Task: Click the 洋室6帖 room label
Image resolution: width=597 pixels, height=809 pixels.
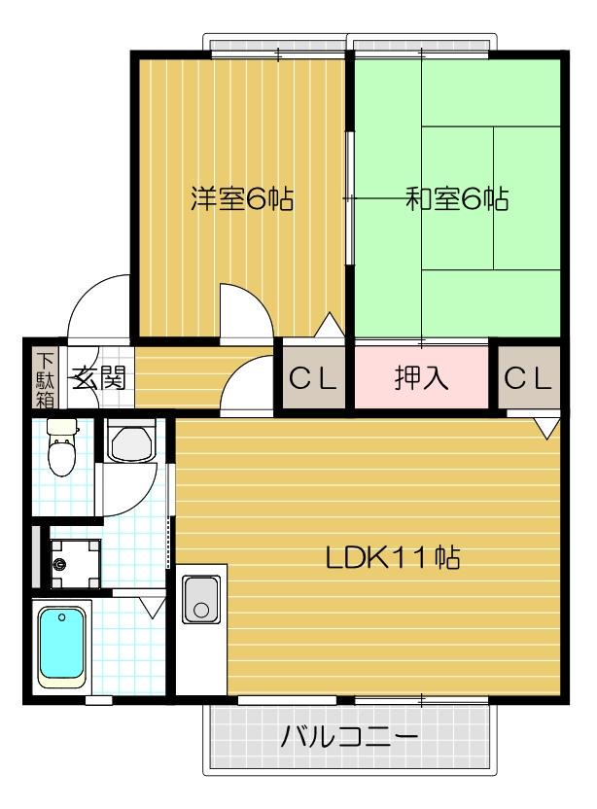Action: coord(241,199)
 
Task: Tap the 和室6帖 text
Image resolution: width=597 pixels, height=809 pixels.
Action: coord(456,199)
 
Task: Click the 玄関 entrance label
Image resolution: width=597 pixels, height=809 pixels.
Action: coord(97,378)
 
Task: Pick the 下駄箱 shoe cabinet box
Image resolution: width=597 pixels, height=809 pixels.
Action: coord(45,378)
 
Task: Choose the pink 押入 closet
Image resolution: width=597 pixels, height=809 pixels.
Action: coord(421,378)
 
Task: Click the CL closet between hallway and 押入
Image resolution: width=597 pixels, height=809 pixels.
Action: coord(313,378)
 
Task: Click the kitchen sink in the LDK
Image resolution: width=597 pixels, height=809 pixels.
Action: coord(201,600)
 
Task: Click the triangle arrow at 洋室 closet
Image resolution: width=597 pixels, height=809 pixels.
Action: coord(330,325)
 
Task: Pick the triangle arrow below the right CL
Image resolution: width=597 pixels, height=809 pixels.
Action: coord(546,426)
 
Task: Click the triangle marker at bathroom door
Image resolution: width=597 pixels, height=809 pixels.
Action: coord(150,609)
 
